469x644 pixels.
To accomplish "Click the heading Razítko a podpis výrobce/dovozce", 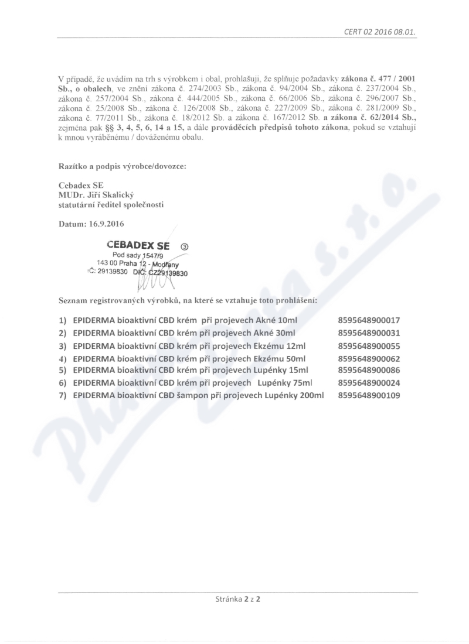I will [x=122, y=166].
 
